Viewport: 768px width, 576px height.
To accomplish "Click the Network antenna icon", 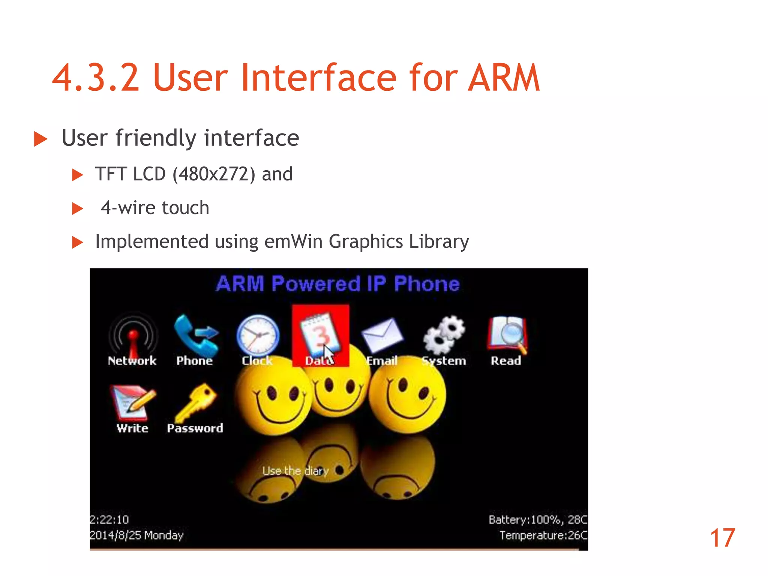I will point(133,334).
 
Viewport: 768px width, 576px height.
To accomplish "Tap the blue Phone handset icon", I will point(195,334).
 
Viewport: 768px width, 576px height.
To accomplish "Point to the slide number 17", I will point(722,538).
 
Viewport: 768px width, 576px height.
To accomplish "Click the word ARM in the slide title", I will point(504,78).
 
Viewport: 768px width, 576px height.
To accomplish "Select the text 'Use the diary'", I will point(295,470).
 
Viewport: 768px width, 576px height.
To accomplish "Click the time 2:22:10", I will point(109,519).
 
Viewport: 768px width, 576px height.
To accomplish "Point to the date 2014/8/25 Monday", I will point(136,535).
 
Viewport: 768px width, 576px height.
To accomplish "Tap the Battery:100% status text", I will point(525,519).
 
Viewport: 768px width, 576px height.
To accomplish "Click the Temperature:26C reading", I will point(543,535).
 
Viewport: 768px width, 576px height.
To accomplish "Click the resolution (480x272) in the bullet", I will point(214,174).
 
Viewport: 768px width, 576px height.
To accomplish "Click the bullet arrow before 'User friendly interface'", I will point(40,139).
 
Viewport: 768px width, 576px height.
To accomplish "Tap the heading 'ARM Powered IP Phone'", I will point(338,284).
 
